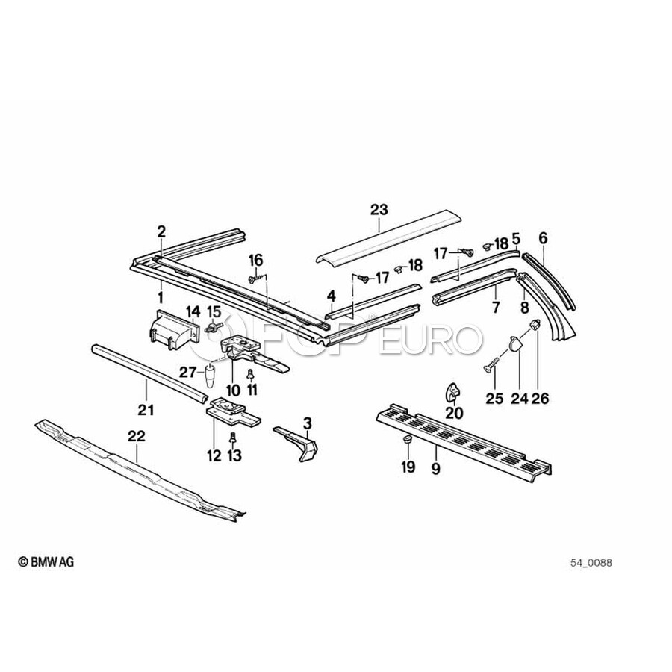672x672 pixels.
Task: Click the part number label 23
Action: coord(379,211)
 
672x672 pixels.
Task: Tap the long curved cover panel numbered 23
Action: coord(388,237)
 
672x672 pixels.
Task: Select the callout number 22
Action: coord(137,435)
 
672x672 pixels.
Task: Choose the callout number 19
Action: coord(407,468)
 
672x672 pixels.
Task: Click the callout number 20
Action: coord(454,412)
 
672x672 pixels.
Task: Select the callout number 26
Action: coord(539,399)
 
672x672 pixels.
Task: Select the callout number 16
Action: coord(255,260)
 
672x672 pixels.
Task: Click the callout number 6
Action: coord(543,238)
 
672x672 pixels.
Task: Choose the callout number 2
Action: coord(161,231)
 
